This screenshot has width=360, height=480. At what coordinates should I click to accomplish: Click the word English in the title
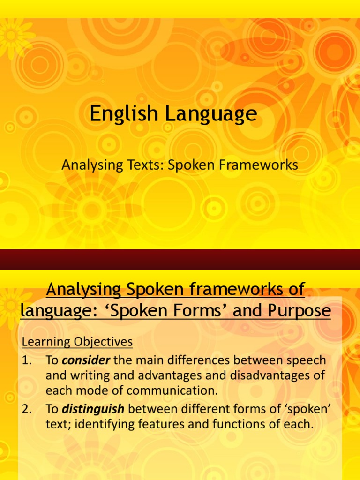pos(121,114)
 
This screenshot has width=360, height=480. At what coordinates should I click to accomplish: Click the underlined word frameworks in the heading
pos(244,290)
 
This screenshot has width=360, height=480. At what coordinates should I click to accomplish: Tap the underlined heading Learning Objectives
pos(77,342)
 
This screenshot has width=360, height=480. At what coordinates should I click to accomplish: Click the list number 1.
pos(27,360)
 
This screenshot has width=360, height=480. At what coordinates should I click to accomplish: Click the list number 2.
pos(27,409)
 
